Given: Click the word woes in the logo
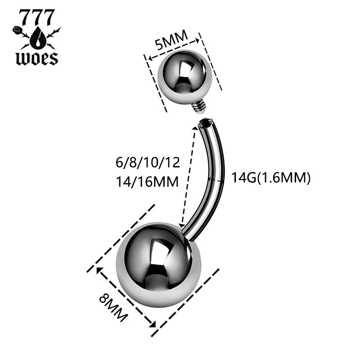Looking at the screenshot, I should pos(36,58).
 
